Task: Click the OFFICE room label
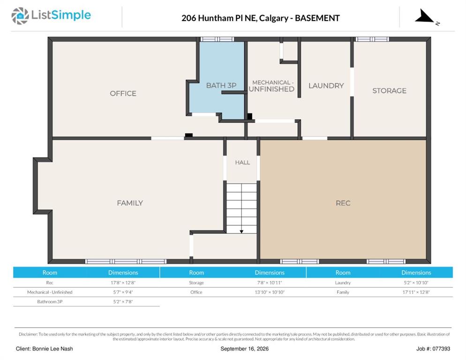[x=123, y=93]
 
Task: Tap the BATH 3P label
[x=221, y=85]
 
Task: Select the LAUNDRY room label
[x=326, y=86]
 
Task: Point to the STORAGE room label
[x=389, y=90]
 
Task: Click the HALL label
[x=242, y=162]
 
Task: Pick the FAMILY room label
[x=130, y=203]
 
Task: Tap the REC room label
[x=343, y=203]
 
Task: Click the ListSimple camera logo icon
[x=20, y=16]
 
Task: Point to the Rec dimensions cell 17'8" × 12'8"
[x=123, y=283]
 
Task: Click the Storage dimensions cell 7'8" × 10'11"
[x=270, y=283]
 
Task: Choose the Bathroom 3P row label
[x=50, y=302]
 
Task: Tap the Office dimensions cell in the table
[x=270, y=292]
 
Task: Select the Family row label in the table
[x=343, y=292]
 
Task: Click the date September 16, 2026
[x=244, y=349]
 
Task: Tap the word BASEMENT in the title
[x=317, y=18]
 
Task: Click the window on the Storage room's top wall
[x=372, y=39]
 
